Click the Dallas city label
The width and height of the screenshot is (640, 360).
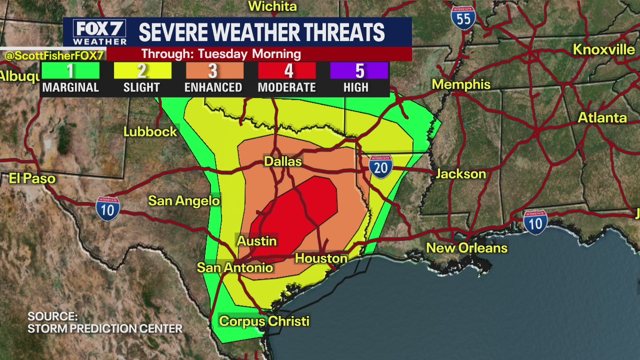(x=282, y=161)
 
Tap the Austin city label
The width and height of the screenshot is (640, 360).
(x=256, y=241)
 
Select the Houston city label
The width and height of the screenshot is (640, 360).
(x=321, y=258)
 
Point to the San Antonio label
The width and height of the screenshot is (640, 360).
(x=235, y=267)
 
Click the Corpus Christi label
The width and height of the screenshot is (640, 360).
(x=264, y=321)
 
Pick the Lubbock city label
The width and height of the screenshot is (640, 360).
(x=150, y=132)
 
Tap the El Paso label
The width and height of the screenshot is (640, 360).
(x=32, y=178)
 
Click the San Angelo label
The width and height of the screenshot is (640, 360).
(x=184, y=201)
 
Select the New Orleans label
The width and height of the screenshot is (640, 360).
(x=466, y=248)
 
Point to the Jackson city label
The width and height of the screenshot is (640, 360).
(x=460, y=174)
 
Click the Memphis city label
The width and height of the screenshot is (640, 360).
(x=461, y=84)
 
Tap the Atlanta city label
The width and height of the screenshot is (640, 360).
(x=602, y=118)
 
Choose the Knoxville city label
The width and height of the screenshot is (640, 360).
(x=603, y=49)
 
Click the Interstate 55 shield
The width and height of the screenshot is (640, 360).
(x=463, y=18)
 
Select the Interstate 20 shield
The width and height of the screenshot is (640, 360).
(x=381, y=166)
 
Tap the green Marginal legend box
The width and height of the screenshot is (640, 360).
(x=70, y=71)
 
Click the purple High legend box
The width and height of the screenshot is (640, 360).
(x=359, y=71)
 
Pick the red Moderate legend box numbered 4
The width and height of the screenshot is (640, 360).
(x=287, y=71)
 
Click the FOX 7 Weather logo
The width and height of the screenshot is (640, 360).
(x=99, y=32)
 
